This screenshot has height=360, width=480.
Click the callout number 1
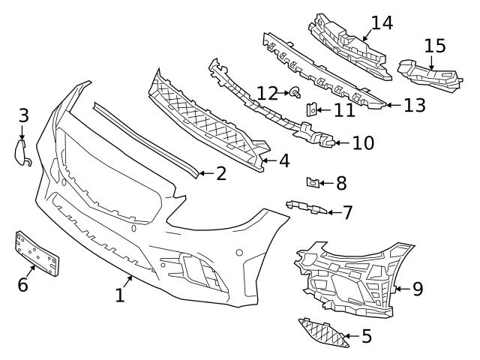pyautogui.click(x=120, y=295)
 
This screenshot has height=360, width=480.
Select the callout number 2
pyautogui.click(x=221, y=173)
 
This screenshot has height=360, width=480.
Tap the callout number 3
pyautogui.click(x=24, y=115)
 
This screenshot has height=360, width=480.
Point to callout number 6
pyautogui.click(x=22, y=284)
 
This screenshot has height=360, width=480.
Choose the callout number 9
pyautogui.click(x=418, y=287)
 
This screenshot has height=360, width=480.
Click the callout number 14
pyautogui.click(x=382, y=22)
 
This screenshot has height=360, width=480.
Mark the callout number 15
pyautogui.click(x=434, y=46)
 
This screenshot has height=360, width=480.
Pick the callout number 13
pyautogui.click(x=414, y=105)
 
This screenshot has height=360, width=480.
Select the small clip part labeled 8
pyautogui.click(x=314, y=181)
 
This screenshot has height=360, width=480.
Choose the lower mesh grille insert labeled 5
pyautogui.click(x=324, y=333)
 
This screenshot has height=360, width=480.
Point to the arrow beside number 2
pyautogui.click(x=205, y=173)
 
